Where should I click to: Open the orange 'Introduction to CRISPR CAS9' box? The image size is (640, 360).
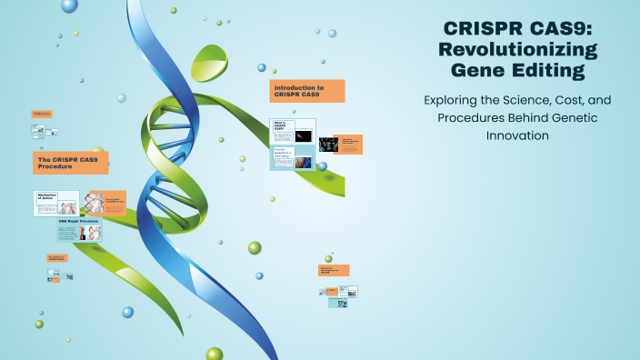pos(307,91)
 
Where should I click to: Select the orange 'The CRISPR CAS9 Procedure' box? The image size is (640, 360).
pos(70,163)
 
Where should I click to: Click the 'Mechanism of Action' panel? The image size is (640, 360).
pos(56,203)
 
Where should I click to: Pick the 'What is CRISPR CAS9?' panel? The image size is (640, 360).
pos(293,131)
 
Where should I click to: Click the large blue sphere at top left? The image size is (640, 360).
pos(70,5)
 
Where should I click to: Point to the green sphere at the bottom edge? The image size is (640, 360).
pos(215,354)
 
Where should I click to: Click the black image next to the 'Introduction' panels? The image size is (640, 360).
pos(327,144)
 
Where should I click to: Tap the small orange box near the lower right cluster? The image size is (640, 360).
pos(334,270)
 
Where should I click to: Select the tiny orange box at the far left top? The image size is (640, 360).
pos(41,114)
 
